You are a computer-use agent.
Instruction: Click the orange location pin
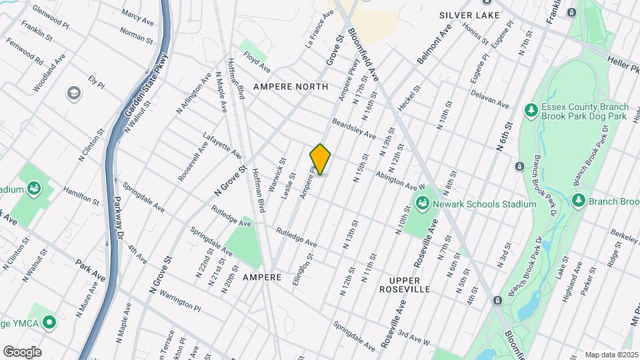tap(321, 159)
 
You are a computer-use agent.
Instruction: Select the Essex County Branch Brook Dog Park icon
tap(531, 109)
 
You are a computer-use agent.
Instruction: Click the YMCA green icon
tap(48, 323)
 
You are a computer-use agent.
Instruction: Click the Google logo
tap(22, 352)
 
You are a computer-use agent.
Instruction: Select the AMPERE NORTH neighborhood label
tap(290, 87)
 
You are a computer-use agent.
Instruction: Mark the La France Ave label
tap(319, 29)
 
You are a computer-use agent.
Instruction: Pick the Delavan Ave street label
tap(489, 100)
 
